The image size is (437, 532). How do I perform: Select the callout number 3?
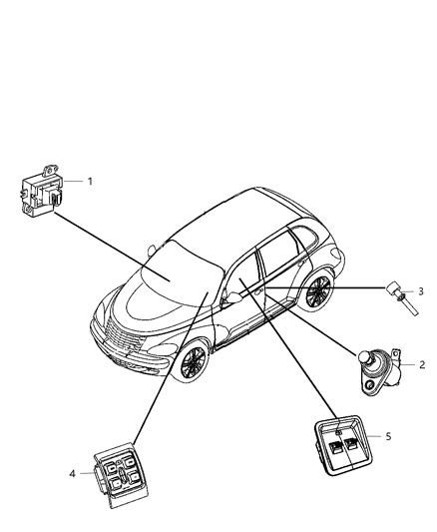click(x=420, y=291)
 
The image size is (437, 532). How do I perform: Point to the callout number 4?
click(x=73, y=474)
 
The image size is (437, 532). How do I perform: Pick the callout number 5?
click(x=388, y=436)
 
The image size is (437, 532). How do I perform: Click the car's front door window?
click(x=243, y=275)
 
